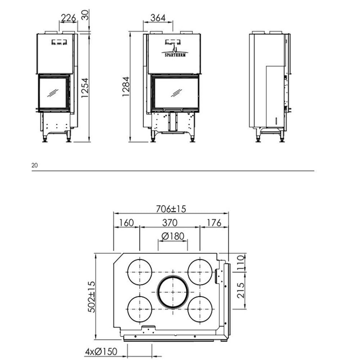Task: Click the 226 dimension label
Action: pos(68,17)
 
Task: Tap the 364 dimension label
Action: pos(158,17)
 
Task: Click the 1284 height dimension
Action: pos(125,87)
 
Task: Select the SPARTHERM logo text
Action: pos(174,55)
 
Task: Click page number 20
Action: pos(35,166)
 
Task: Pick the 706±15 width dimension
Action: pos(171,208)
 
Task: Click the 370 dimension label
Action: pos(170,222)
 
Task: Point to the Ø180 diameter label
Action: pos(173,236)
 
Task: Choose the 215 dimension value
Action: pos(240,290)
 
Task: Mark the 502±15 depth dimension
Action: pos(91,297)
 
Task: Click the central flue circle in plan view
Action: pos(173,292)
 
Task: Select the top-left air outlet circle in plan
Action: pos(140,272)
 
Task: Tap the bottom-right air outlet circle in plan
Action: pos(200,309)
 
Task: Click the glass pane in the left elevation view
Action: pos(53,93)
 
